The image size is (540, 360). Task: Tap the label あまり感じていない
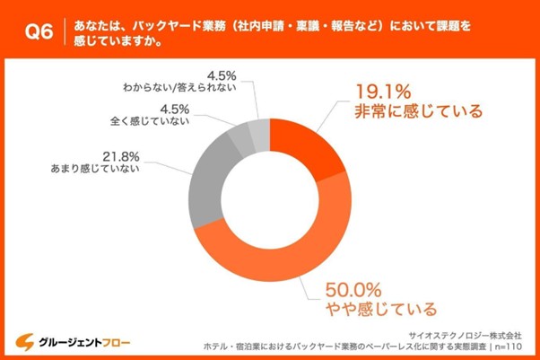point(91,168)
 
